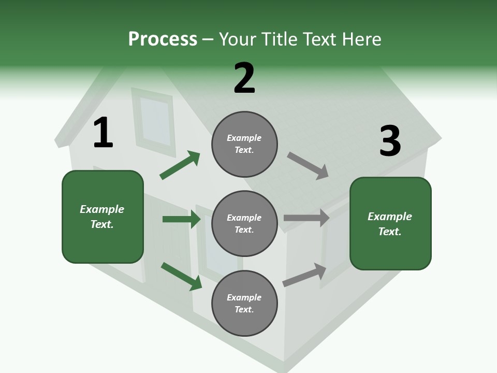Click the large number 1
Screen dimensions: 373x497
coord(103,133)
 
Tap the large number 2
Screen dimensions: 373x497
coord(244,78)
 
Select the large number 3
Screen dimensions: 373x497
coord(390,141)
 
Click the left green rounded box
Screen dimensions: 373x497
coord(103,217)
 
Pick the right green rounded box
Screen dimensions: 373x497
coord(390,224)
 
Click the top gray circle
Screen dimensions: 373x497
coord(244,144)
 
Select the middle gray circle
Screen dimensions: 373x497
coord(244,223)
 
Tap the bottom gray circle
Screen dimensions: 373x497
coord(244,303)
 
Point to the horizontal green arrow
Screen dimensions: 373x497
coord(181,219)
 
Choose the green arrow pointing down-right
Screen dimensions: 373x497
coord(181,276)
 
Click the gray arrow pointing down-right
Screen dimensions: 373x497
coord(308,166)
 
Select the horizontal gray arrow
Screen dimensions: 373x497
coord(306,218)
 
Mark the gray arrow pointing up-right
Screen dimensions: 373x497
coord(304,275)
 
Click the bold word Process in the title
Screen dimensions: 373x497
coord(163,39)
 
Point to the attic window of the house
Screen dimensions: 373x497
coord(155,121)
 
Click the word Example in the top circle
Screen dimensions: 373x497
coord(244,138)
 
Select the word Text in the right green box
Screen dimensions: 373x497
coord(389,232)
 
